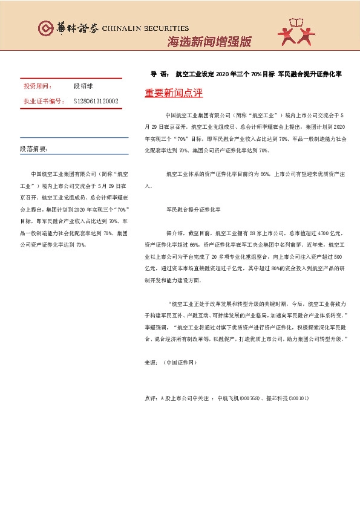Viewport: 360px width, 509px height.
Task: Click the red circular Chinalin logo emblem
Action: point(45,28)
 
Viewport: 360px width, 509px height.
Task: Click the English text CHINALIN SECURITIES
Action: point(145,28)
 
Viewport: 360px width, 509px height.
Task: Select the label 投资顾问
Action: point(38,86)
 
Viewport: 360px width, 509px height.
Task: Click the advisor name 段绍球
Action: point(85,86)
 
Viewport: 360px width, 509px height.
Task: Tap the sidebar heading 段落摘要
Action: point(34,148)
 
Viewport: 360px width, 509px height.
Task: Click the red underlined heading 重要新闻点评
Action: point(174,93)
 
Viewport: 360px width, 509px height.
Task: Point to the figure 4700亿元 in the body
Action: point(314,232)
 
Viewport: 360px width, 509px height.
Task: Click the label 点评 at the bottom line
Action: point(151,398)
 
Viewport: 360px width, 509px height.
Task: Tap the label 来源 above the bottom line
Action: point(151,363)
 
